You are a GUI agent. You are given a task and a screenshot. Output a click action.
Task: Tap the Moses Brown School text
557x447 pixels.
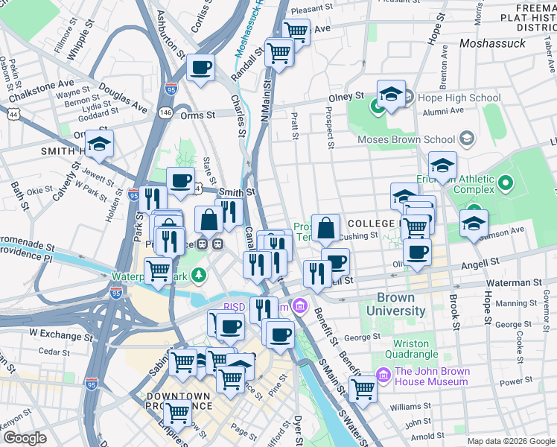click(x=406, y=139)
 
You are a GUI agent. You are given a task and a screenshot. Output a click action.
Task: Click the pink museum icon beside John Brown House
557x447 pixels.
click(x=383, y=375)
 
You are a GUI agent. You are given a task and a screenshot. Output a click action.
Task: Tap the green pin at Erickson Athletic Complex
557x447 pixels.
click(x=506, y=182)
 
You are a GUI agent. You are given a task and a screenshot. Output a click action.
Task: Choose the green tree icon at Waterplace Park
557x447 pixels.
click(x=198, y=276)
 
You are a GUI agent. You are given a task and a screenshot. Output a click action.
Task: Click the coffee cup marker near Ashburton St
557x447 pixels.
click(x=201, y=68)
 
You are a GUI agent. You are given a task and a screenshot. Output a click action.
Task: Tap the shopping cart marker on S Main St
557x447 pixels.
click(x=363, y=387)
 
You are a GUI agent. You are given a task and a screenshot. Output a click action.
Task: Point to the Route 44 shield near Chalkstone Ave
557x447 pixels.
click(x=13, y=114)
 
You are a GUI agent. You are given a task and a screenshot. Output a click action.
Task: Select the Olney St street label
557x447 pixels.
click(x=348, y=97)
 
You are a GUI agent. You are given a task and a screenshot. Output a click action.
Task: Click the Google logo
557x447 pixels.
click(x=25, y=438)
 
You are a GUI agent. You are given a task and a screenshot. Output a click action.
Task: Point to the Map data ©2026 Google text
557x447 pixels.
click(x=509, y=441)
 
